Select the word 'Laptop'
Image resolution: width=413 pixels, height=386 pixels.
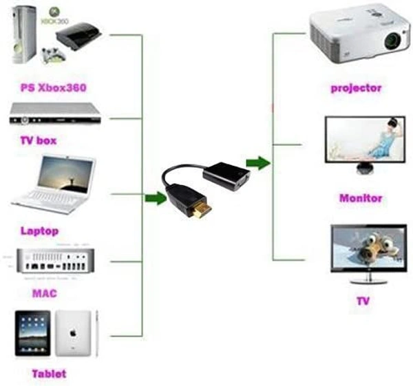click(x=40, y=230)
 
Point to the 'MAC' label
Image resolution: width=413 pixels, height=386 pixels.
click(x=44, y=294)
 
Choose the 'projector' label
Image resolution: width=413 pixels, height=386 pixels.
click(x=355, y=87)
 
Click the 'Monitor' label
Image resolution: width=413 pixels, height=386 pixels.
click(x=360, y=198)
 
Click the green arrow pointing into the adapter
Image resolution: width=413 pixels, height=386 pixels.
click(x=155, y=199)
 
